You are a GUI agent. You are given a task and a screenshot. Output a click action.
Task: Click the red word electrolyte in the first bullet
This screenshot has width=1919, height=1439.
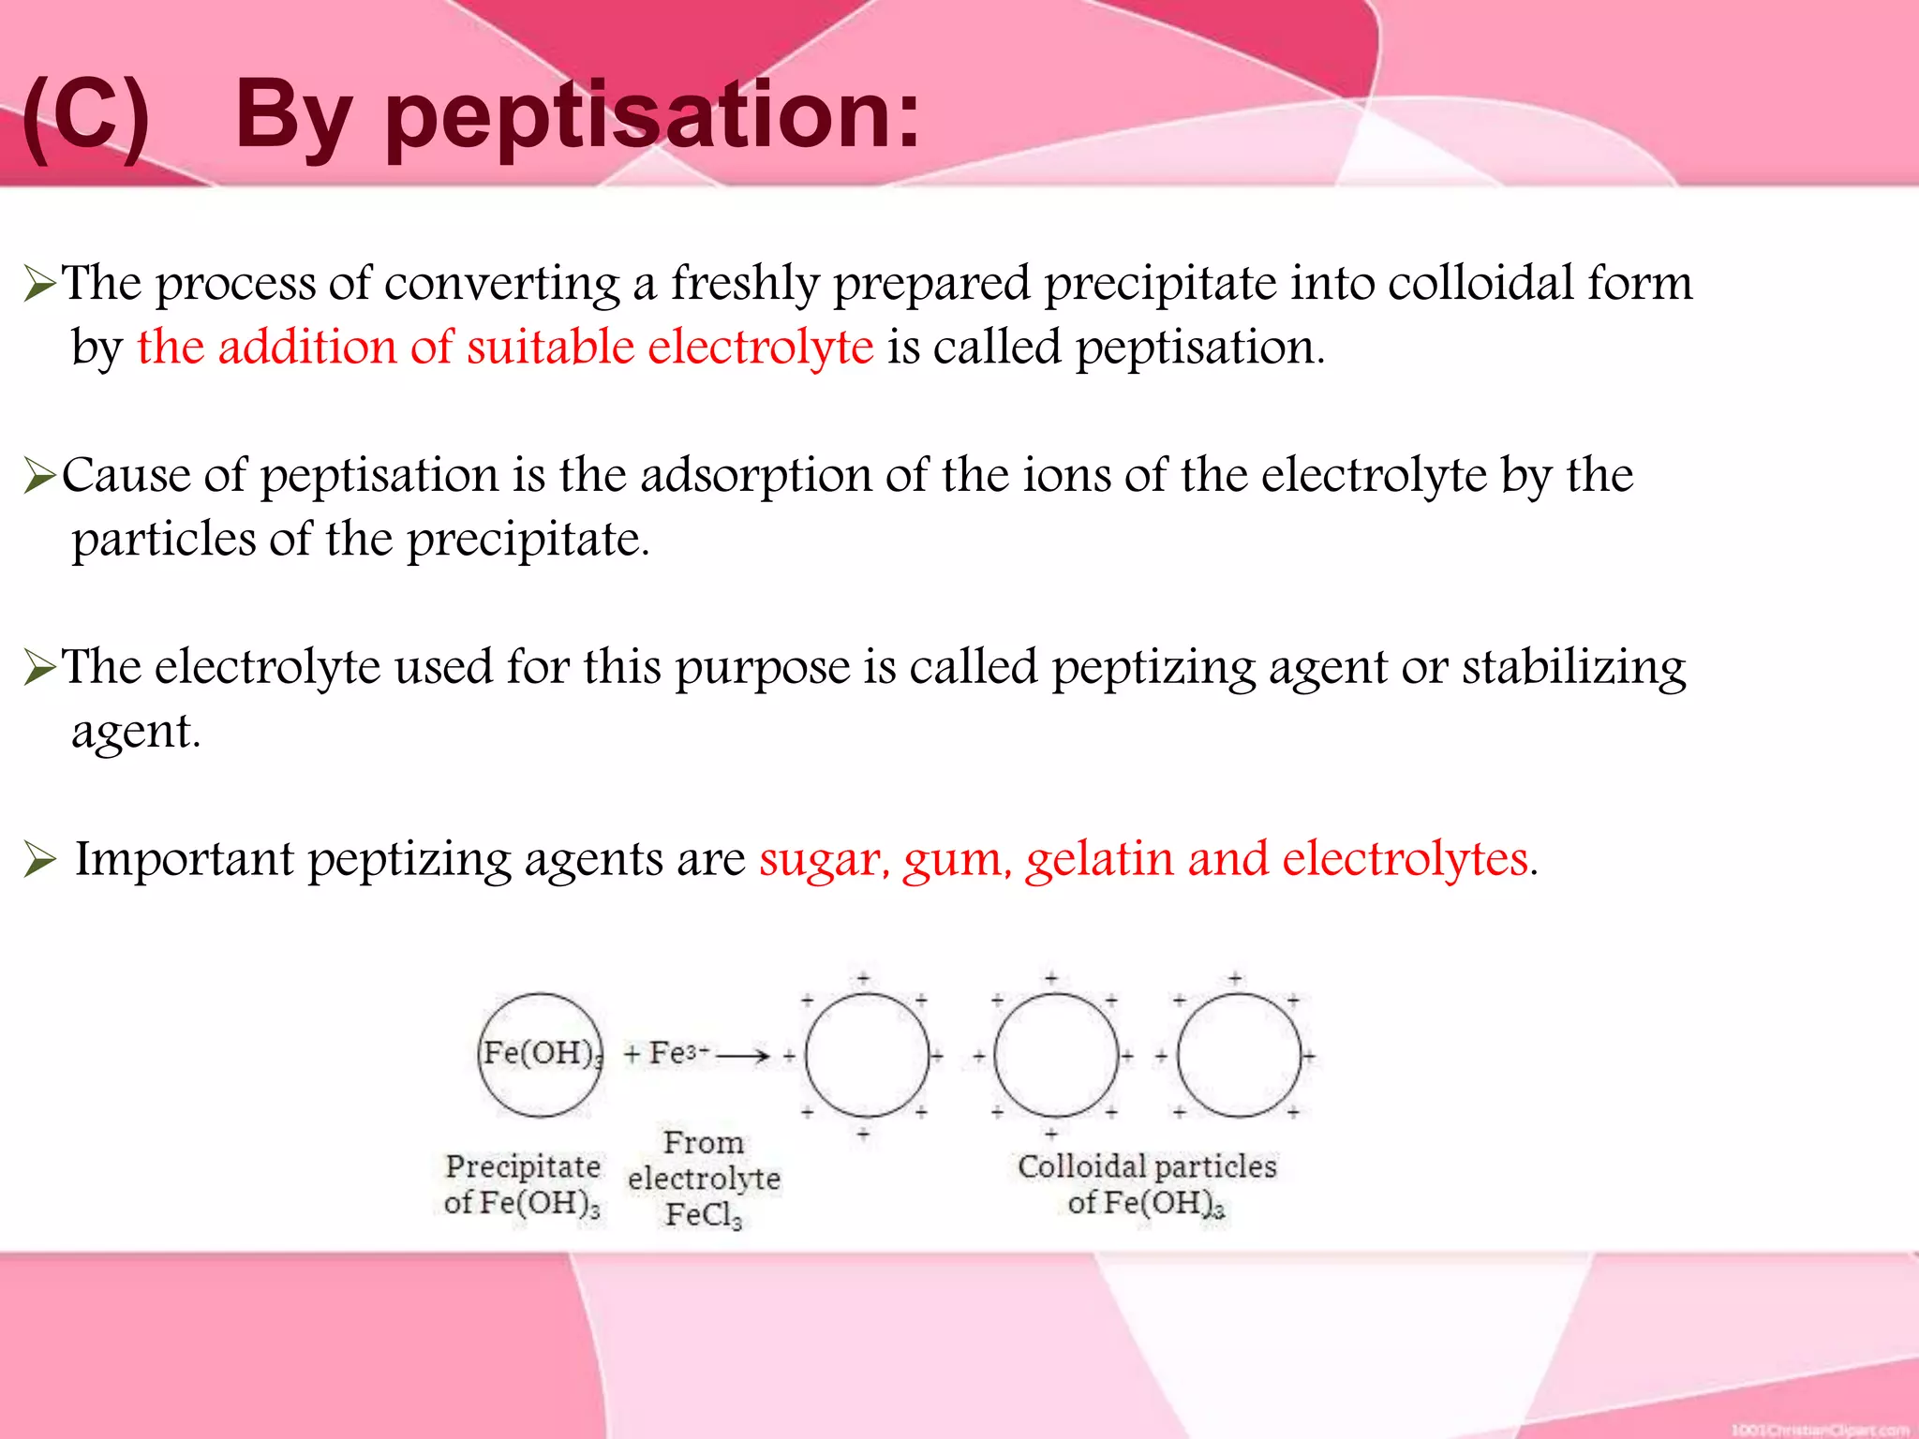pos(760,347)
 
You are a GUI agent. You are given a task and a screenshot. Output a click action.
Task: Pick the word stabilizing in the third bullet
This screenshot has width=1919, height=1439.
pos(1573,668)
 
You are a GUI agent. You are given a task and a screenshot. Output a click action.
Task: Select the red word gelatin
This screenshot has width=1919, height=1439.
pos(1099,860)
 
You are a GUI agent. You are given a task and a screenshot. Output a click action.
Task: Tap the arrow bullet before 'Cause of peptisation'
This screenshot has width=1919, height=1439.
pos(40,476)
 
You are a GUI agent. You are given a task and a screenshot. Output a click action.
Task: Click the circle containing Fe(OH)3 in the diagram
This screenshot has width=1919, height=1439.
pos(540,1055)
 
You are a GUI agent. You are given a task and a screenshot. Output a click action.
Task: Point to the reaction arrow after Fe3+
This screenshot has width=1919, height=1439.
pos(742,1056)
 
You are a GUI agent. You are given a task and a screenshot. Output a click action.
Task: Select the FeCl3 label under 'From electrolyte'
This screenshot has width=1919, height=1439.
pos(703,1214)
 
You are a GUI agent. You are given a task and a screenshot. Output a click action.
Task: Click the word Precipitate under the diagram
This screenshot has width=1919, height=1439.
pos(523,1166)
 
